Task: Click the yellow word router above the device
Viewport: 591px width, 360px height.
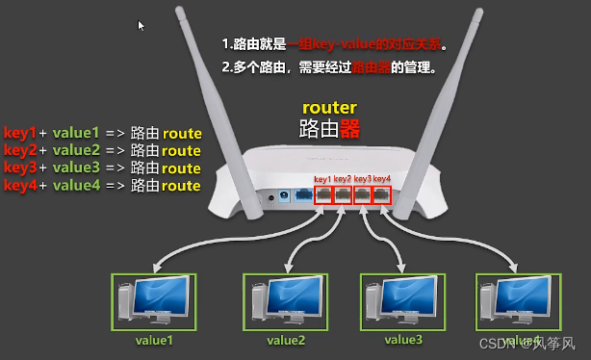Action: (x=329, y=108)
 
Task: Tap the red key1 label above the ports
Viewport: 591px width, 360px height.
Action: (x=321, y=179)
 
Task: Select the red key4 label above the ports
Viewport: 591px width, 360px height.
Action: (x=382, y=179)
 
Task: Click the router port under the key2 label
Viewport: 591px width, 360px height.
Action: (x=343, y=194)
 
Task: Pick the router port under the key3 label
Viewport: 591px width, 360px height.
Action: (x=363, y=194)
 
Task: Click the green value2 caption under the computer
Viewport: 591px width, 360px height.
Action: (x=286, y=340)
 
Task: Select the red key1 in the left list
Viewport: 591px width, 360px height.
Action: (x=19, y=133)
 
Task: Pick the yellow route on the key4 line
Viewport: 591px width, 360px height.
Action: (x=181, y=185)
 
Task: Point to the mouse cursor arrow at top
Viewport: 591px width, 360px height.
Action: (x=141, y=26)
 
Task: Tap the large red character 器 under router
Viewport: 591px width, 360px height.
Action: (x=350, y=128)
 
